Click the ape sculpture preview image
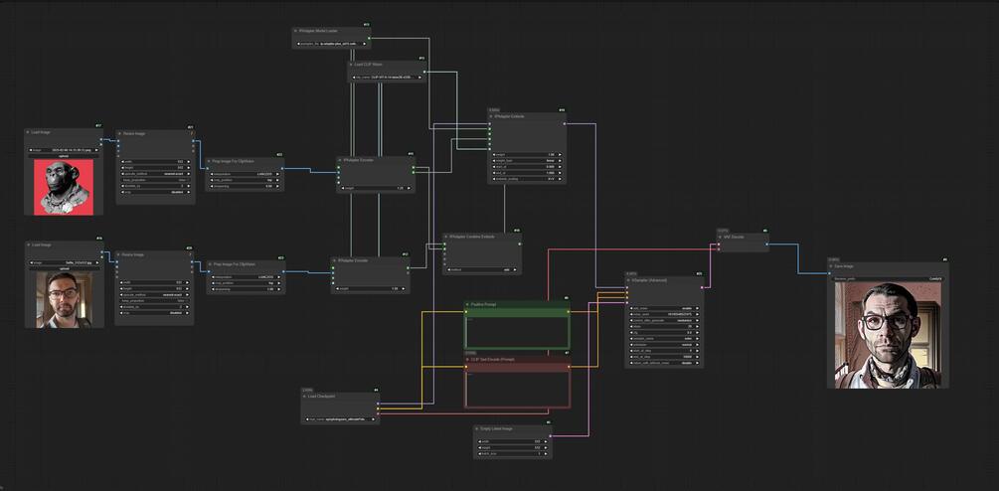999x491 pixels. click(64, 187)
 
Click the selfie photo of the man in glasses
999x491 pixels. click(64, 299)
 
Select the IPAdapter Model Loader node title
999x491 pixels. click(319, 31)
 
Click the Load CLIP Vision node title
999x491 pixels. click(369, 64)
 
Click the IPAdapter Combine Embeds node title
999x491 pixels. click(471, 237)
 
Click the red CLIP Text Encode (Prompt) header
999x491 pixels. click(492, 358)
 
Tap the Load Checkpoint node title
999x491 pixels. click(324, 396)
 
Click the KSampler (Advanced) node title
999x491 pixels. click(652, 280)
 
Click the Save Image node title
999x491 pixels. click(847, 265)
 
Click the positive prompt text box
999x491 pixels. click(518, 331)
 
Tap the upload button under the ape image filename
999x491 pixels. click(64, 156)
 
